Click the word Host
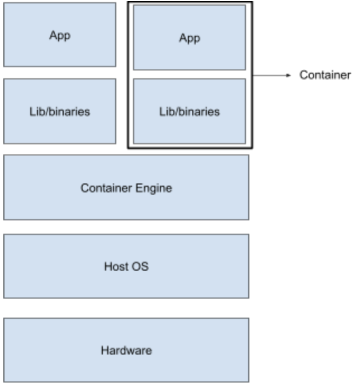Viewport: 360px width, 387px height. tap(115, 266)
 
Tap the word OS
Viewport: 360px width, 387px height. tap(141, 266)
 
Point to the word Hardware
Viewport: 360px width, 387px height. tap(126, 351)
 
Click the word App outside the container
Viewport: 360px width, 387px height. tap(60, 35)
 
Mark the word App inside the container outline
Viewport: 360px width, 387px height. tap(190, 38)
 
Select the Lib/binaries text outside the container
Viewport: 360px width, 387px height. tap(60, 111)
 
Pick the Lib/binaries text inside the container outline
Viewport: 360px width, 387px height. tap(190, 111)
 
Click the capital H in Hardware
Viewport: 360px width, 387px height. tap(105, 351)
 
